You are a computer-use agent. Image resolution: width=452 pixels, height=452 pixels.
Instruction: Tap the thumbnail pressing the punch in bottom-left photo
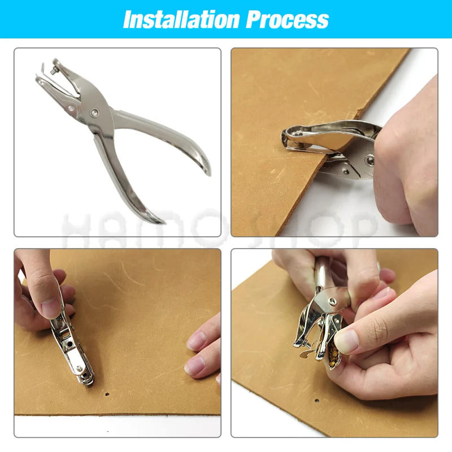point(52,307)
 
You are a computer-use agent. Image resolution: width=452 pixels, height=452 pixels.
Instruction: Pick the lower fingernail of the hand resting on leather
point(194,366)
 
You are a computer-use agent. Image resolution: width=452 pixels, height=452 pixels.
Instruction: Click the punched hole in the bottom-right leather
point(316,401)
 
